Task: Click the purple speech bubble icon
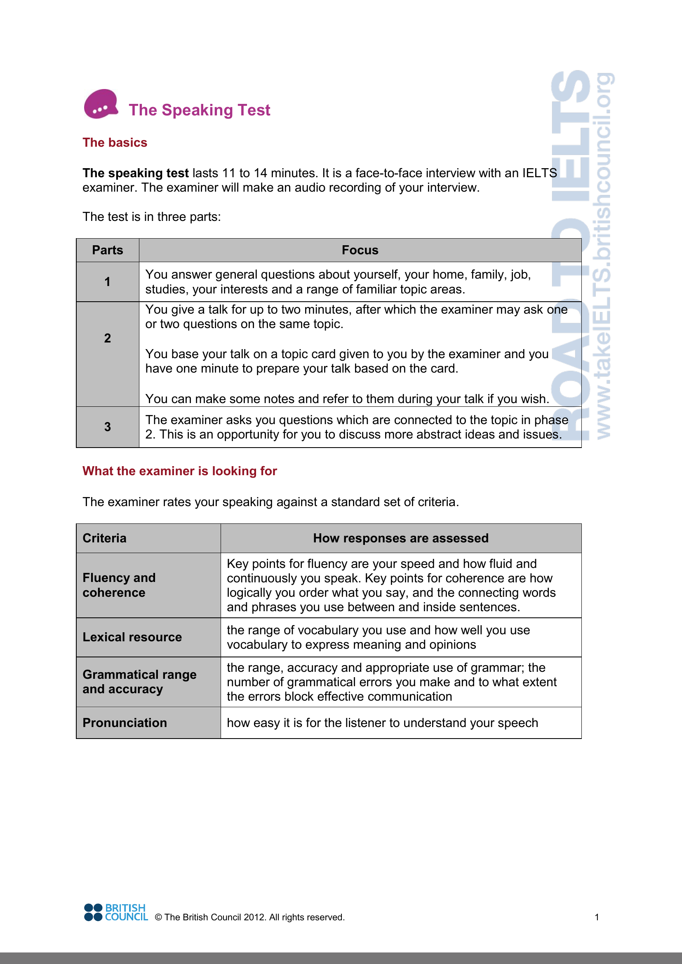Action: pyautogui.click(x=101, y=104)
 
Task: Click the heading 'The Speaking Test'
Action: pyautogui.click(x=199, y=110)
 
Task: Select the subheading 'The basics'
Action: pyautogui.click(x=115, y=143)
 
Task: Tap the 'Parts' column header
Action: pyautogui.click(x=108, y=250)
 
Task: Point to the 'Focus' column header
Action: pyautogui.click(x=360, y=250)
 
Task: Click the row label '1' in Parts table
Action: pyautogui.click(x=108, y=282)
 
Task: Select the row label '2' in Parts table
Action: pyautogui.click(x=108, y=338)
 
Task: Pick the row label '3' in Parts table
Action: pyautogui.click(x=108, y=427)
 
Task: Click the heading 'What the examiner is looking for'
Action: pyautogui.click(x=179, y=471)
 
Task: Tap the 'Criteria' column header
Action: pyautogui.click(x=105, y=538)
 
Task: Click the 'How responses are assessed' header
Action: pyautogui.click(x=401, y=538)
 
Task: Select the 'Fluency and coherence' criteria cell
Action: pyautogui.click(x=119, y=585)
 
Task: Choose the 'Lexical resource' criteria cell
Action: pyautogui.click(x=132, y=637)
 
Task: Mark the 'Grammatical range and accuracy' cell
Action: pyautogui.click(x=139, y=682)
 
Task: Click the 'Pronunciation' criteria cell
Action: pyautogui.click(x=125, y=723)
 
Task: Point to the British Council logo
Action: pyautogui.click(x=116, y=912)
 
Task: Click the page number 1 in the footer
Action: pyautogui.click(x=597, y=917)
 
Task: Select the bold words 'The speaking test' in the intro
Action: pyautogui.click(x=135, y=174)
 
